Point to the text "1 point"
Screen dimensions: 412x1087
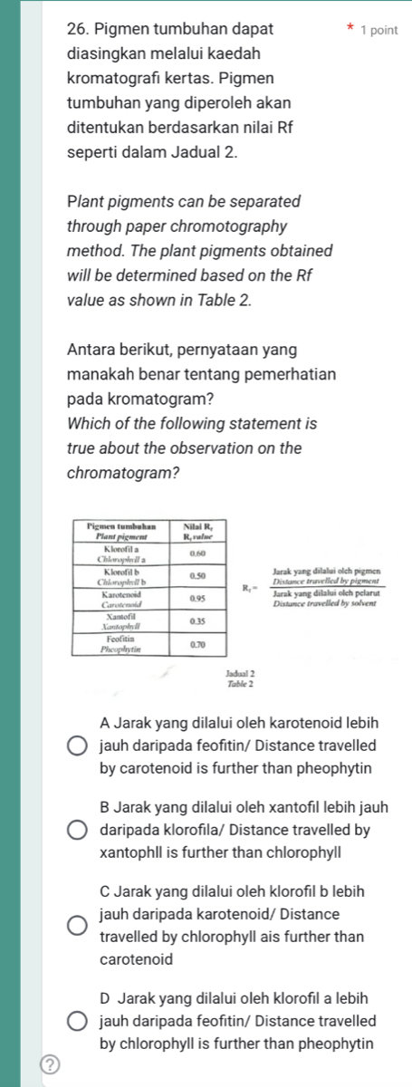pyautogui.click(x=378, y=31)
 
